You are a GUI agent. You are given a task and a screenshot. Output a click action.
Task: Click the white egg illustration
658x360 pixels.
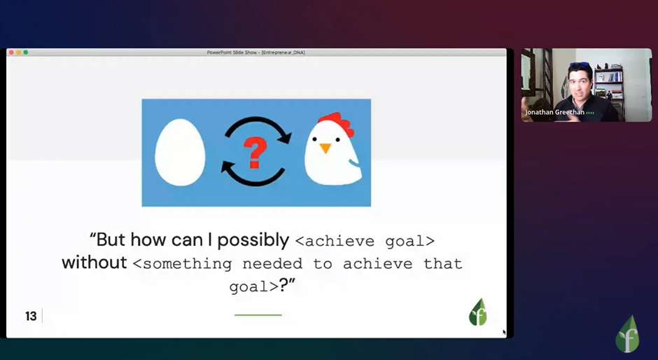click(x=180, y=152)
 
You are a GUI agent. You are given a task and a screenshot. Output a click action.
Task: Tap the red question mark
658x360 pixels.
click(x=255, y=153)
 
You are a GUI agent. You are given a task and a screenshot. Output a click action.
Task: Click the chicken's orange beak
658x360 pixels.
click(x=325, y=148)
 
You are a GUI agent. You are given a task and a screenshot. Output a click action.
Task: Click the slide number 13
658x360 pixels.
click(x=31, y=316)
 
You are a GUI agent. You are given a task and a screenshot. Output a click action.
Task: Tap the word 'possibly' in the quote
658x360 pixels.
click(x=253, y=240)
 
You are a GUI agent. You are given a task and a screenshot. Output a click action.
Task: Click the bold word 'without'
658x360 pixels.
click(x=94, y=263)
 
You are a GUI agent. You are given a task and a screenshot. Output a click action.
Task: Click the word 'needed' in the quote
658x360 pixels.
click(x=272, y=264)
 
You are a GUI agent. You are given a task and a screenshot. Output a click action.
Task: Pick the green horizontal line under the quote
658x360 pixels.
click(x=258, y=314)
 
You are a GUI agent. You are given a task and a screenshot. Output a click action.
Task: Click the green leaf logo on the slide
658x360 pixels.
click(x=478, y=312)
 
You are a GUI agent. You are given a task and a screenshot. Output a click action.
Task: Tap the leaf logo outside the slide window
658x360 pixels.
click(x=627, y=334)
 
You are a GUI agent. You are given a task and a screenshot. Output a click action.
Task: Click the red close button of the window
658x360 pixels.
click(x=11, y=53)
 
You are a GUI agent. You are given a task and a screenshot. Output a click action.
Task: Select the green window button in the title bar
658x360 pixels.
click(x=26, y=53)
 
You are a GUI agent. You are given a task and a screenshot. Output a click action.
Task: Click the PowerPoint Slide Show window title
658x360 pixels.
click(x=256, y=53)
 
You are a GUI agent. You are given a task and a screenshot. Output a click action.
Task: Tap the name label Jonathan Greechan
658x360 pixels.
click(x=555, y=112)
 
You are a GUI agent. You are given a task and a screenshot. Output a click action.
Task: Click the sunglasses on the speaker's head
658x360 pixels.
click(x=580, y=65)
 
